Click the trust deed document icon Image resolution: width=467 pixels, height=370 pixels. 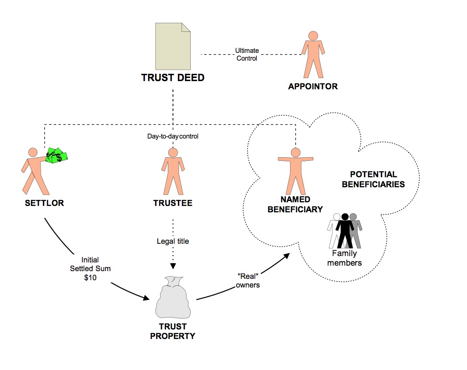(173, 46)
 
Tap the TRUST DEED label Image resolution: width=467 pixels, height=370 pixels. (173, 78)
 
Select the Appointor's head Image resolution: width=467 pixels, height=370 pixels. (313, 36)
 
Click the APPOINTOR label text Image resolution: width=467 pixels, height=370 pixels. (313, 86)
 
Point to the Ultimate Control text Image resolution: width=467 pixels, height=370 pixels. (247, 55)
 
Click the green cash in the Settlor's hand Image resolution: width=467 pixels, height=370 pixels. (57, 155)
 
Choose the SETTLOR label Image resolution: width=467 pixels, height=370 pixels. (44, 203)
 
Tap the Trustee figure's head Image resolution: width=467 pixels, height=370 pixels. (173, 152)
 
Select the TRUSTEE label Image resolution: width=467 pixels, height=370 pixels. (173, 203)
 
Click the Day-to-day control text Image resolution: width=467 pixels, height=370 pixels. (173, 136)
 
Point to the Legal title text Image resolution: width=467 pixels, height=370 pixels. (173, 241)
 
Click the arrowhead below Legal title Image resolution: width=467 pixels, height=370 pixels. (173, 266)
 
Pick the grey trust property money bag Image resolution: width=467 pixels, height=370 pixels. (173, 297)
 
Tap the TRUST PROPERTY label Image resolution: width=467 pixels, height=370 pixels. (173, 331)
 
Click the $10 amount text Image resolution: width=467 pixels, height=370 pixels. (90, 277)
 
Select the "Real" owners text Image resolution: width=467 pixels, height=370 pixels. (248, 281)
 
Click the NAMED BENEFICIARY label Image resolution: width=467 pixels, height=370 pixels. (295, 205)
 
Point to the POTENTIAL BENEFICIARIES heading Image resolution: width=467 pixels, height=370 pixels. (373, 179)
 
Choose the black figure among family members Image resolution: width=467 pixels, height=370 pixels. (345, 231)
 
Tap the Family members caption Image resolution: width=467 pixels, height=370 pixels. (345, 258)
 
